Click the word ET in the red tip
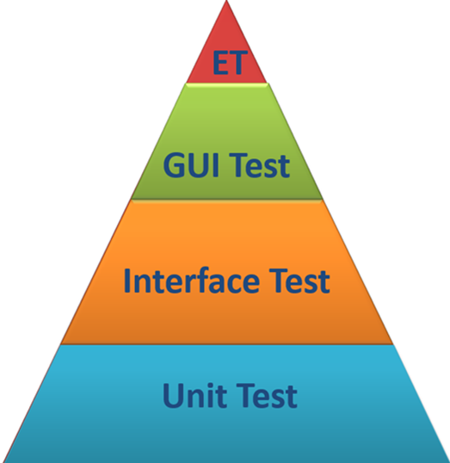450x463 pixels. tap(230, 62)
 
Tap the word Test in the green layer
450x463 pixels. tap(259, 165)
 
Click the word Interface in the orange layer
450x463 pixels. tap(192, 281)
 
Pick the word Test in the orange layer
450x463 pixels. tap(299, 281)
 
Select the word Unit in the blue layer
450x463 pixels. tap(194, 395)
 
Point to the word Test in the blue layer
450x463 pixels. tap(267, 396)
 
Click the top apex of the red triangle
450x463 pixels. tap(226, 1)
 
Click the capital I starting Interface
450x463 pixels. tap(127, 281)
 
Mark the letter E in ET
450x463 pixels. tap(220, 63)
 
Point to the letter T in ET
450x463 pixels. tap(238, 63)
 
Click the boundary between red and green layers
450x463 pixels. tap(226, 83)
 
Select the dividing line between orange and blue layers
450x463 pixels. tap(226, 344)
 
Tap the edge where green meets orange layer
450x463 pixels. tap(226, 200)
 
